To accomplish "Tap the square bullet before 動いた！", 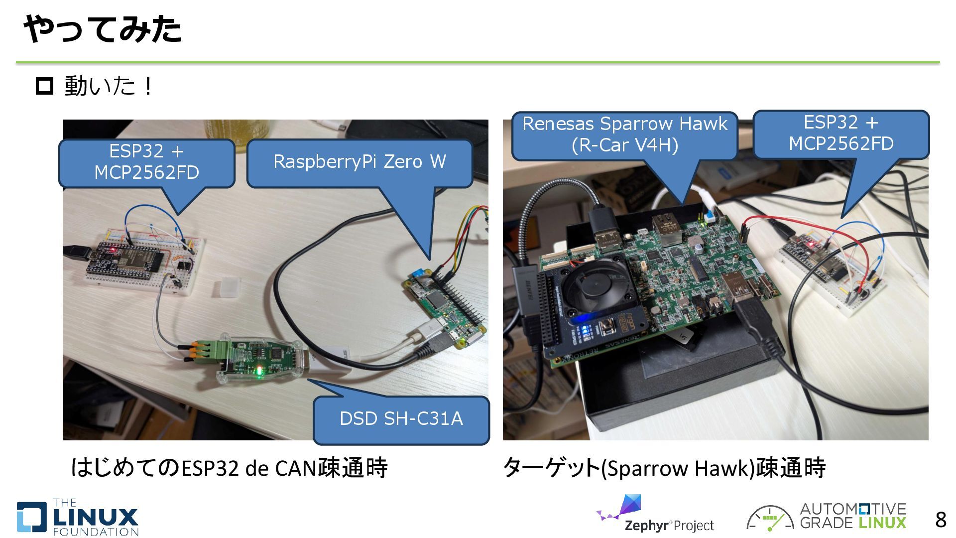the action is (x=45, y=86).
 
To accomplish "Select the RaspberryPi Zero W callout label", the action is (x=359, y=162).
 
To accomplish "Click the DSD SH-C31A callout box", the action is (x=401, y=418).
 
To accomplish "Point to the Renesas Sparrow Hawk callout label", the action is (x=624, y=134).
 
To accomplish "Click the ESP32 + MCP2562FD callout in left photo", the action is (x=146, y=162).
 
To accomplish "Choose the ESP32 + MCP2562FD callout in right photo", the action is (x=841, y=133).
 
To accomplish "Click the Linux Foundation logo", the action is (x=78, y=518).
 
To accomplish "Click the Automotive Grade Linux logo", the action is (x=827, y=516).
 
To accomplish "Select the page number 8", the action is (x=940, y=520).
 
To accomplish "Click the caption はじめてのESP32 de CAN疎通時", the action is (x=229, y=468).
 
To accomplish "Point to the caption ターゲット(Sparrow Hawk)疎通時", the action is (x=664, y=468).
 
